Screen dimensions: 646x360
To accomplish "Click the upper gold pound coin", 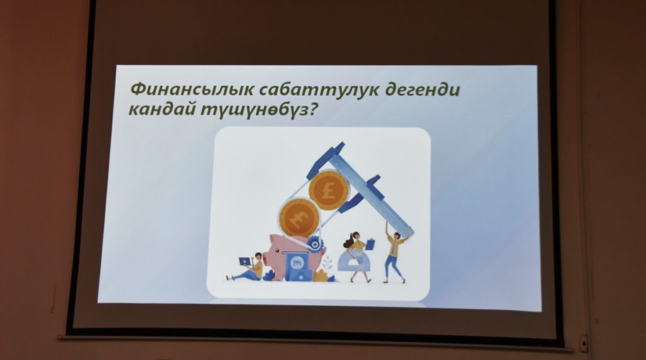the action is click(x=329, y=190).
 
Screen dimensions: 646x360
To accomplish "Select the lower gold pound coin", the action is click(x=299, y=218).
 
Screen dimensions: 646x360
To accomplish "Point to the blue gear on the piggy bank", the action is click(x=315, y=245).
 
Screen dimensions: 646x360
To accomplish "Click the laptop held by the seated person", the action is click(x=245, y=262).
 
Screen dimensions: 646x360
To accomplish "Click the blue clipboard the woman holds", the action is click(x=370, y=245).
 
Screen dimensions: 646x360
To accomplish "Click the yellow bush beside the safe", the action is click(x=320, y=275).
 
